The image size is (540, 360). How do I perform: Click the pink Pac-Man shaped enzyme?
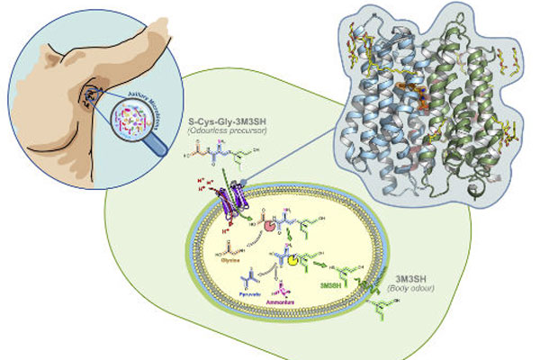(270, 221)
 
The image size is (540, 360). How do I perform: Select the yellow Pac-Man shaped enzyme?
(293, 261)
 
